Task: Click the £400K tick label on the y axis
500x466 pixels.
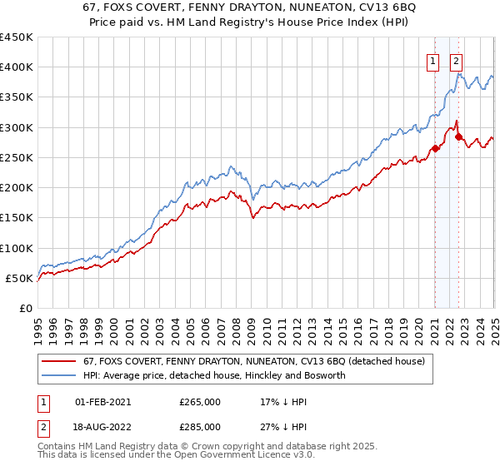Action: pyautogui.click(x=17, y=67)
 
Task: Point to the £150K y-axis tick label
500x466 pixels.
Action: pyautogui.click(x=17, y=218)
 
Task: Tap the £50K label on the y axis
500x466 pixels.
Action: pyautogui.click(x=19, y=278)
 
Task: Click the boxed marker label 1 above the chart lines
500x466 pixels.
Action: pyautogui.click(x=434, y=60)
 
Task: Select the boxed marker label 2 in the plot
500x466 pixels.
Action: pyautogui.click(x=457, y=60)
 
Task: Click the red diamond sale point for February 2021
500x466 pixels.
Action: pyautogui.click(x=435, y=149)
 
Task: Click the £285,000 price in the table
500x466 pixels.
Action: pyautogui.click(x=200, y=426)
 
